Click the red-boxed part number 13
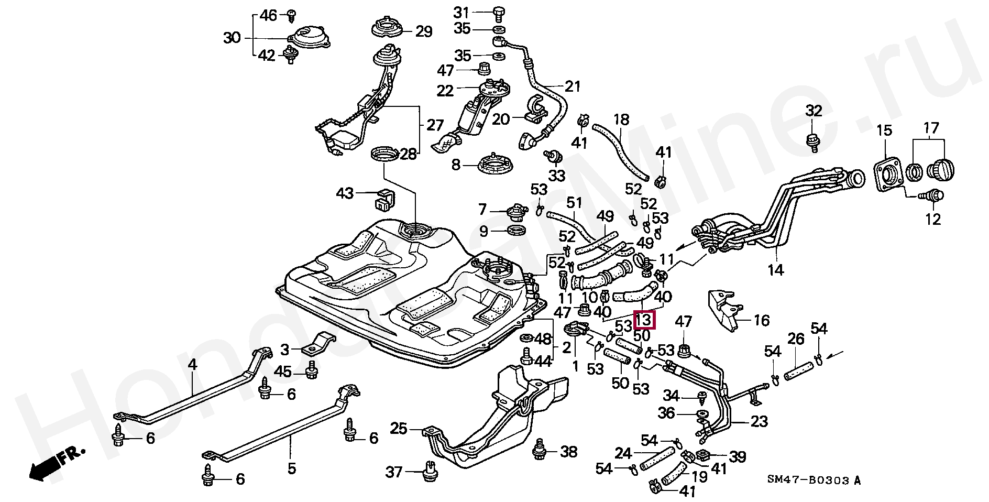pos(644,319)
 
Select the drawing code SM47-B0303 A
pos(814,480)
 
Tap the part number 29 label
pos(424,31)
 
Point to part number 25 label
pos(399,429)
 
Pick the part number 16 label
pos(761,320)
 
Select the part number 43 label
pos(345,193)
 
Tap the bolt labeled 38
pos(539,452)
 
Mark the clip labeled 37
pos(429,470)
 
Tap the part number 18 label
pos(621,120)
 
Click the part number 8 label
pos(456,165)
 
